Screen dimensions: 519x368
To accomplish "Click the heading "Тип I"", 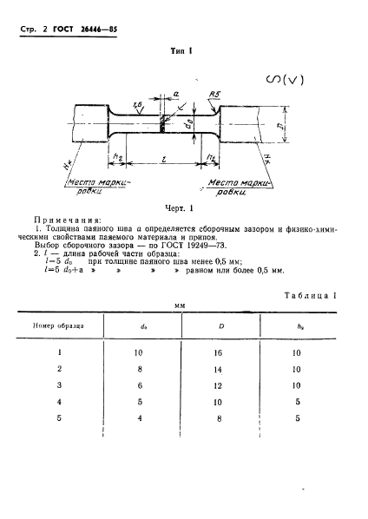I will click(182, 51).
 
